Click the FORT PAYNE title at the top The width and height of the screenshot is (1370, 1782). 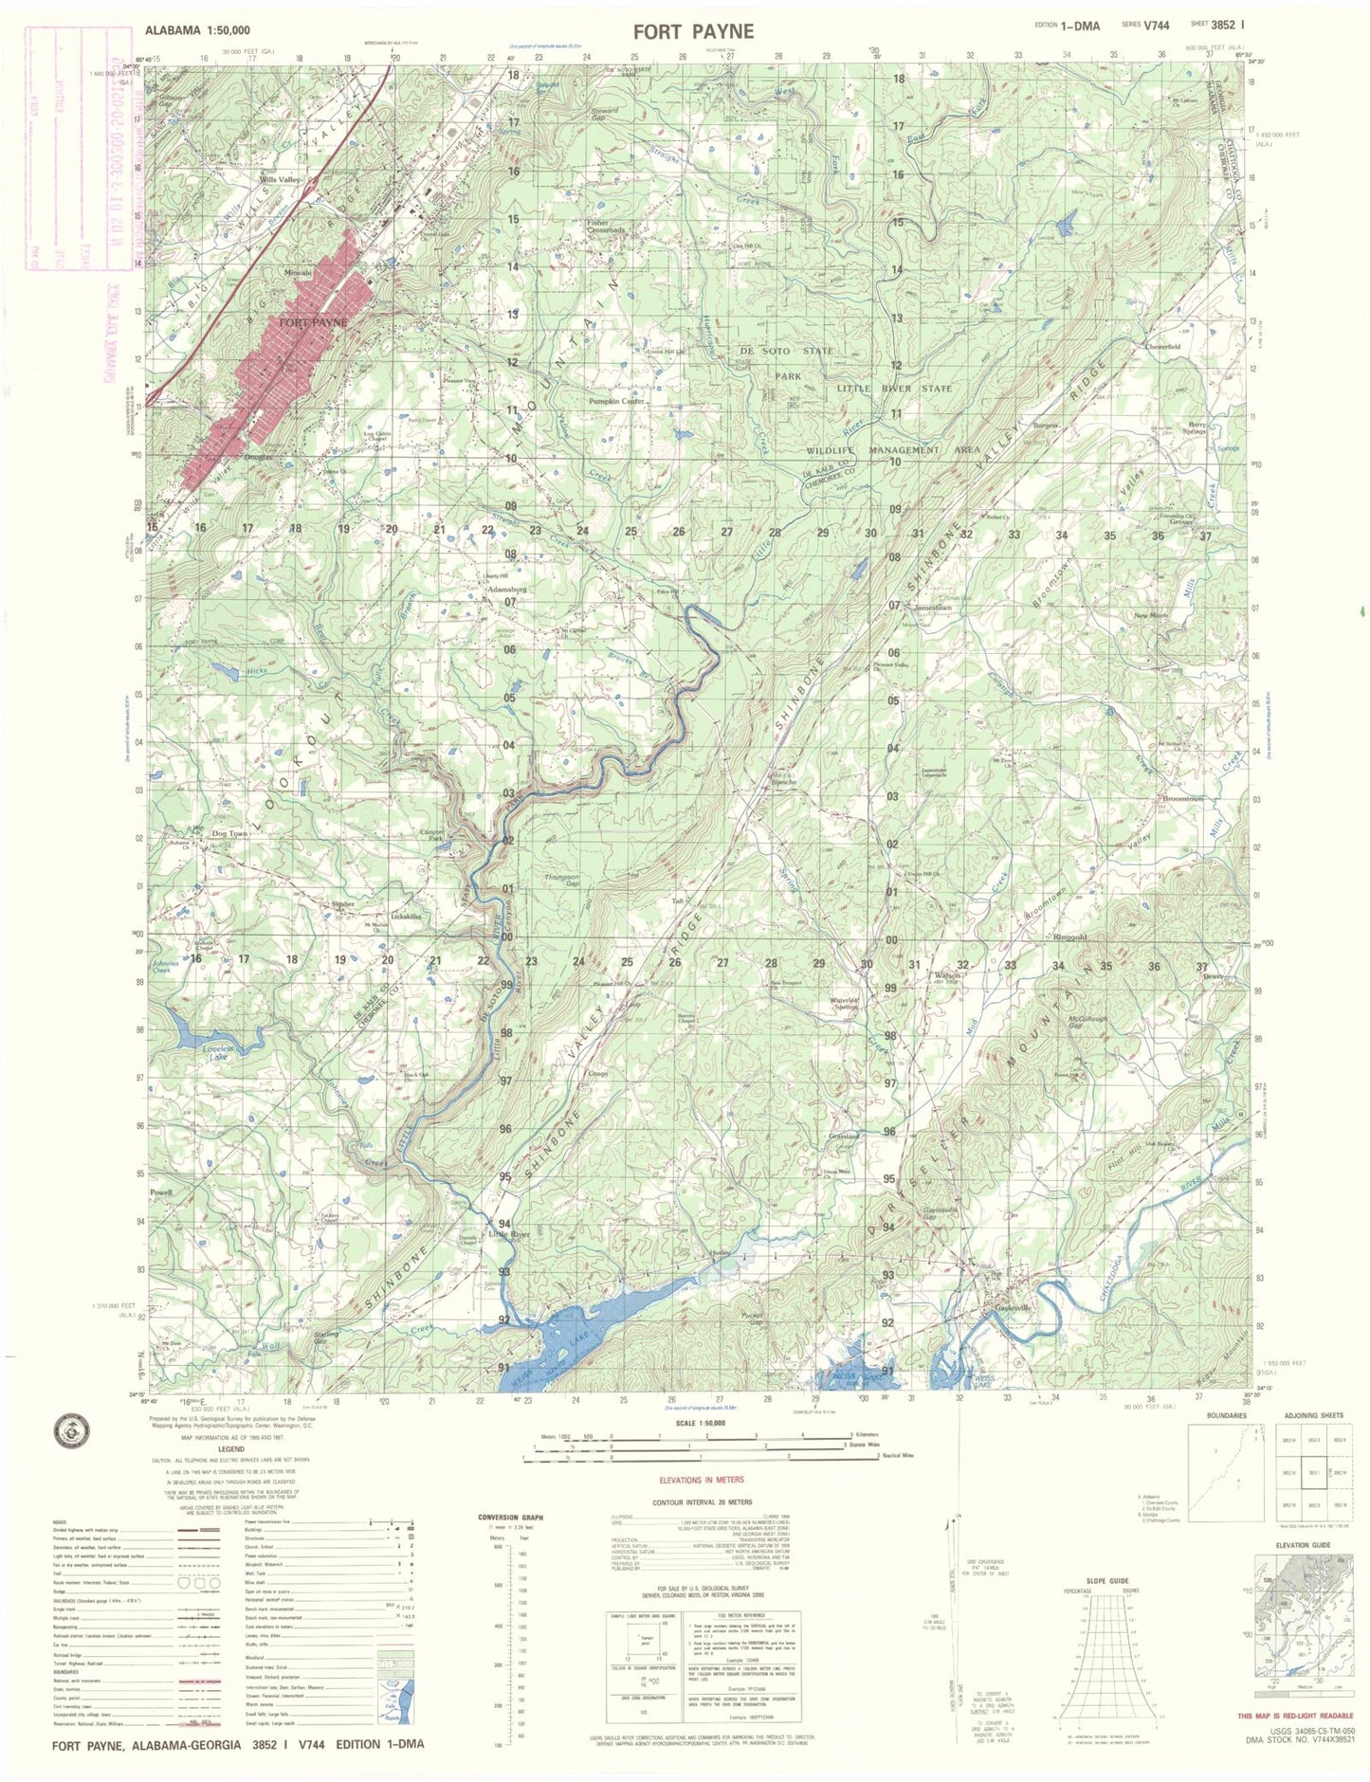[x=693, y=31]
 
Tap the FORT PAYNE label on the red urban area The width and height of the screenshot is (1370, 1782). [x=312, y=322]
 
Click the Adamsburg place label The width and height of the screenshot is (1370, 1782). [x=505, y=589]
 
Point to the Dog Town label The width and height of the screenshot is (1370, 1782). [x=229, y=833]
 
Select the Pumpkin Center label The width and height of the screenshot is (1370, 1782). [x=617, y=402]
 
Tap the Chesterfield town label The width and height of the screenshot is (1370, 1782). [x=1161, y=347]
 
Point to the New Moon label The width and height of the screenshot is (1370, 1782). [x=1151, y=616]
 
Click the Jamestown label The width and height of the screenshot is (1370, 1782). [x=933, y=607]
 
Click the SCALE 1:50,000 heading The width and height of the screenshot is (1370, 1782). [x=701, y=1424]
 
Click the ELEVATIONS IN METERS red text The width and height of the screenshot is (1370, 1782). [x=702, y=1480]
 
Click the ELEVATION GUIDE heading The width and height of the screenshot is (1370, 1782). [x=1304, y=1545]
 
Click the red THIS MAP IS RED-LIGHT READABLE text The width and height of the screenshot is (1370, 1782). [x=1296, y=1717]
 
